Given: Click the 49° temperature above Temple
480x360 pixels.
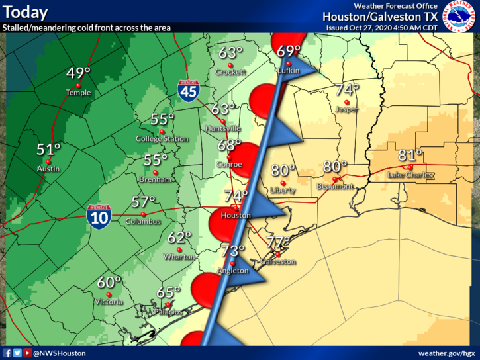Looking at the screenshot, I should (x=78, y=73).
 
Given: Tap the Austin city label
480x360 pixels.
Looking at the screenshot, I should (x=48, y=169).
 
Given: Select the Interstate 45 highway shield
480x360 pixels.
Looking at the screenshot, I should (x=189, y=91).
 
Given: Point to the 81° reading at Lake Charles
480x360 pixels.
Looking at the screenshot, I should (x=410, y=156).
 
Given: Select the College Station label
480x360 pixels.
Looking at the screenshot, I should (x=162, y=139).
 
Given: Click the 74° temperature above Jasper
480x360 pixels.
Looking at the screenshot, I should (x=347, y=89).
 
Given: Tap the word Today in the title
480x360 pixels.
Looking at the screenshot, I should (x=26, y=12).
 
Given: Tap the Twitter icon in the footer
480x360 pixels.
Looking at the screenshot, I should (x=17, y=353).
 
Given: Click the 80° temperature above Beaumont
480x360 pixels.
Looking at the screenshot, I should (x=335, y=167).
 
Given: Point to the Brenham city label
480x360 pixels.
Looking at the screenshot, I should (x=157, y=179).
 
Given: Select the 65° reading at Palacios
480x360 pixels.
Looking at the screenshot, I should (x=168, y=292).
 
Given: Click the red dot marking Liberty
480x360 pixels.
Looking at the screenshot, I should (x=283, y=183).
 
